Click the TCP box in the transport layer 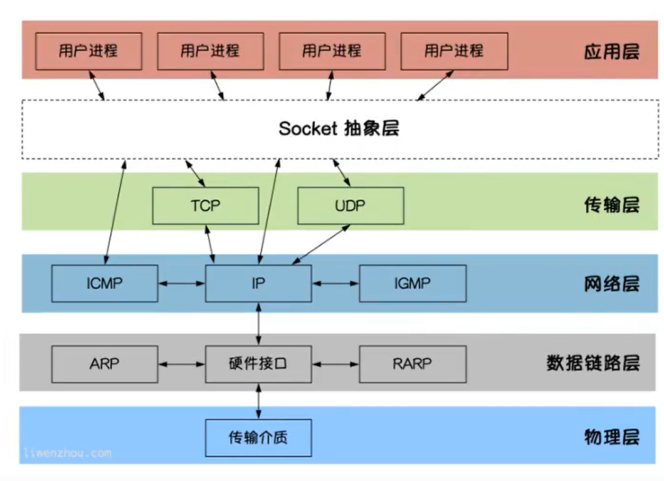coord(205,205)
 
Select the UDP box coord(350,205)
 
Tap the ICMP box coord(104,283)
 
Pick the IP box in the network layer coord(258,283)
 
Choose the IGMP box coord(412,283)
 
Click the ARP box coord(104,363)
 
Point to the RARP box coord(412,363)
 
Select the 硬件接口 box coord(258,363)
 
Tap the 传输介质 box coord(258,437)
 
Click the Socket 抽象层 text coord(339,128)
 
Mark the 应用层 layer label coord(611,51)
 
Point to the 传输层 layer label coord(611,205)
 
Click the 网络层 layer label coord(611,284)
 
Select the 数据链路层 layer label coord(593,363)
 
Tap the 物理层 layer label coord(611,437)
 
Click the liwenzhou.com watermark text coord(68,452)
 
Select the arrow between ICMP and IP coord(181,284)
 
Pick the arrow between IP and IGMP coord(335,284)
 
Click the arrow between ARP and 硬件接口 coord(181,363)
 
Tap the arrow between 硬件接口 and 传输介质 coord(258,401)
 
